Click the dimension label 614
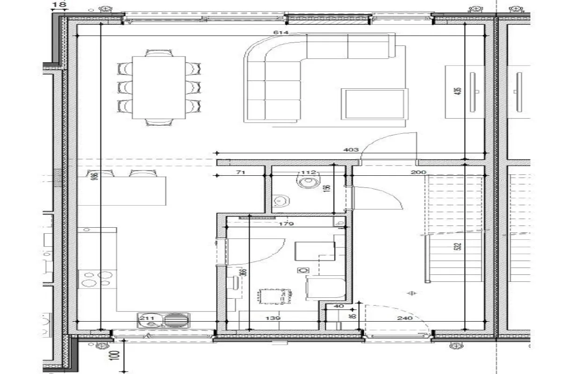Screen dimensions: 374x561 [284, 32]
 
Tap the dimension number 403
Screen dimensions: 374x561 [351, 150]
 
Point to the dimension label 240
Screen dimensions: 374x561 [405, 318]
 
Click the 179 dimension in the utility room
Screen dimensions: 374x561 [286, 224]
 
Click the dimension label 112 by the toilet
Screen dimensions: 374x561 [309, 173]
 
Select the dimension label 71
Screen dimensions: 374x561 [241, 173]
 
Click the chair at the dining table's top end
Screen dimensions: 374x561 [159, 52]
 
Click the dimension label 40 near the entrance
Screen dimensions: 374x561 [339, 307]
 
